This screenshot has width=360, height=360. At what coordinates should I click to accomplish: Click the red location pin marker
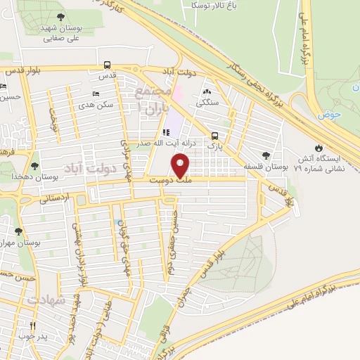click(x=181, y=167)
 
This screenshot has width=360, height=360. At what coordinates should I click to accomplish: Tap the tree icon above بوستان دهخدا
click(x=34, y=166)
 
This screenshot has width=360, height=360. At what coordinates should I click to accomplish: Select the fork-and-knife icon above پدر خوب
click(x=32, y=326)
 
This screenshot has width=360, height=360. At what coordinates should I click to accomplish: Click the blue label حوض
click(x=328, y=114)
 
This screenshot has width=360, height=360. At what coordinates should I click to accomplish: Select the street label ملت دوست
click(x=180, y=181)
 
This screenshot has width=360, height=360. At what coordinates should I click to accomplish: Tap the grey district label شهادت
click(x=46, y=300)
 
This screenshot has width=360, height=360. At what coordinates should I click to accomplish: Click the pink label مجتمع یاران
click(x=154, y=101)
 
